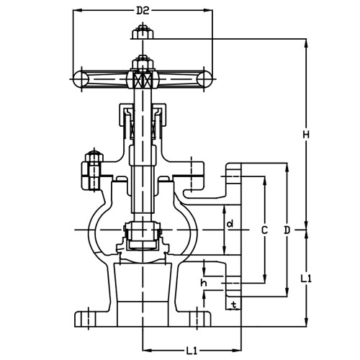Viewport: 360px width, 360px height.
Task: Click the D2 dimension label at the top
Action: click(x=143, y=12)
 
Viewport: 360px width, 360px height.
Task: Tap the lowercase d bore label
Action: click(x=230, y=224)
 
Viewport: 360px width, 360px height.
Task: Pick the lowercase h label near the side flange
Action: click(x=204, y=283)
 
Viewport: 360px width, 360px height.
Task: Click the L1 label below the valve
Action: click(x=192, y=351)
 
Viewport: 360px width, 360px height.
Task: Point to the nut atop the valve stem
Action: click(x=143, y=32)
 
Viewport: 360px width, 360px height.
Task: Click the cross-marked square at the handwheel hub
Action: click(x=143, y=80)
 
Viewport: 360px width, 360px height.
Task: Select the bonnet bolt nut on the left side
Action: click(x=91, y=168)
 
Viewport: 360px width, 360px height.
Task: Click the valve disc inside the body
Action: click(x=143, y=236)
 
